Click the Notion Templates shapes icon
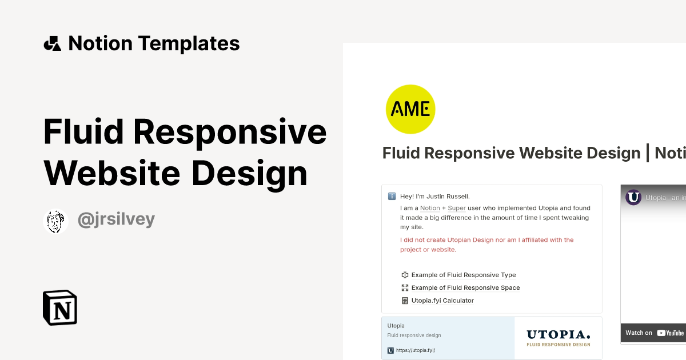click(x=53, y=43)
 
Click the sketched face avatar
click(x=55, y=221)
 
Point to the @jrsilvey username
click(x=116, y=220)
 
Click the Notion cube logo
click(x=60, y=308)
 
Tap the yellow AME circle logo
click(x=410, y=109)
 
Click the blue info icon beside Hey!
click(x=392, y=197)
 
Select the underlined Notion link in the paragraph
click(x=430, y=208)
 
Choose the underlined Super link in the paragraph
click(x=457, y=208)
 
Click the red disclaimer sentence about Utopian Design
click(x=486, y=245)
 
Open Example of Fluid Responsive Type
click(x=464, y=275)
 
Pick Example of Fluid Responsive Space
click(x=465, y=288)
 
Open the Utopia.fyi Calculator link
click(x=442, y=301)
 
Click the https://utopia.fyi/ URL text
click(x=414, y=350)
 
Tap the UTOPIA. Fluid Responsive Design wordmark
click(x=558, y=338)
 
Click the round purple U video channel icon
click(x=633, y=198)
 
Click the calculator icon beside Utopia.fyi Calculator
click(x=405, y=301)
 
